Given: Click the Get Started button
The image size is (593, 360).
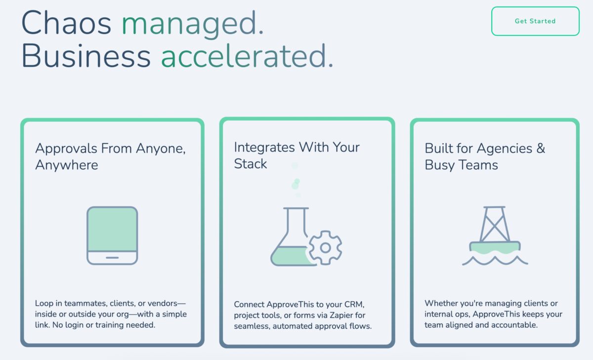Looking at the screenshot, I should click(x=535, y=21).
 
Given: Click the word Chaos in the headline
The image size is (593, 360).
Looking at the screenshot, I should click(x=67, y=23).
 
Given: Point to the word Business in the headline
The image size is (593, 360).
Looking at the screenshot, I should click(x=86, y=56).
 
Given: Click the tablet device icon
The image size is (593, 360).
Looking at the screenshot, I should click(x=112, y=236).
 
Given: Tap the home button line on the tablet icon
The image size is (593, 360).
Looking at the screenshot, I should click(x=112, y=258).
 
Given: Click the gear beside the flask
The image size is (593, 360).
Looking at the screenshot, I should click(x=325, y=247).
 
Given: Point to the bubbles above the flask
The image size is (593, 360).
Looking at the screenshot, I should click(x=296, y=181).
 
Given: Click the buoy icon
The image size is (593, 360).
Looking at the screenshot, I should click(x=495, y=230).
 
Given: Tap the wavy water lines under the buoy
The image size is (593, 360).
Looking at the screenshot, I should click(x=495, y=260).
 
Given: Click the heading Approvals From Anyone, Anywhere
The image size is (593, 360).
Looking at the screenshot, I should click(x=110, y=157).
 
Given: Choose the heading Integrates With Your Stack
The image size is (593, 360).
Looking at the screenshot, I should click(x=296, y=155).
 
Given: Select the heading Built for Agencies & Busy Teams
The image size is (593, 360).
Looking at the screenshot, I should click(x=484, y=157).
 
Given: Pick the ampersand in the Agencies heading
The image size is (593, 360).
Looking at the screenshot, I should click(x=540, y=149).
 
